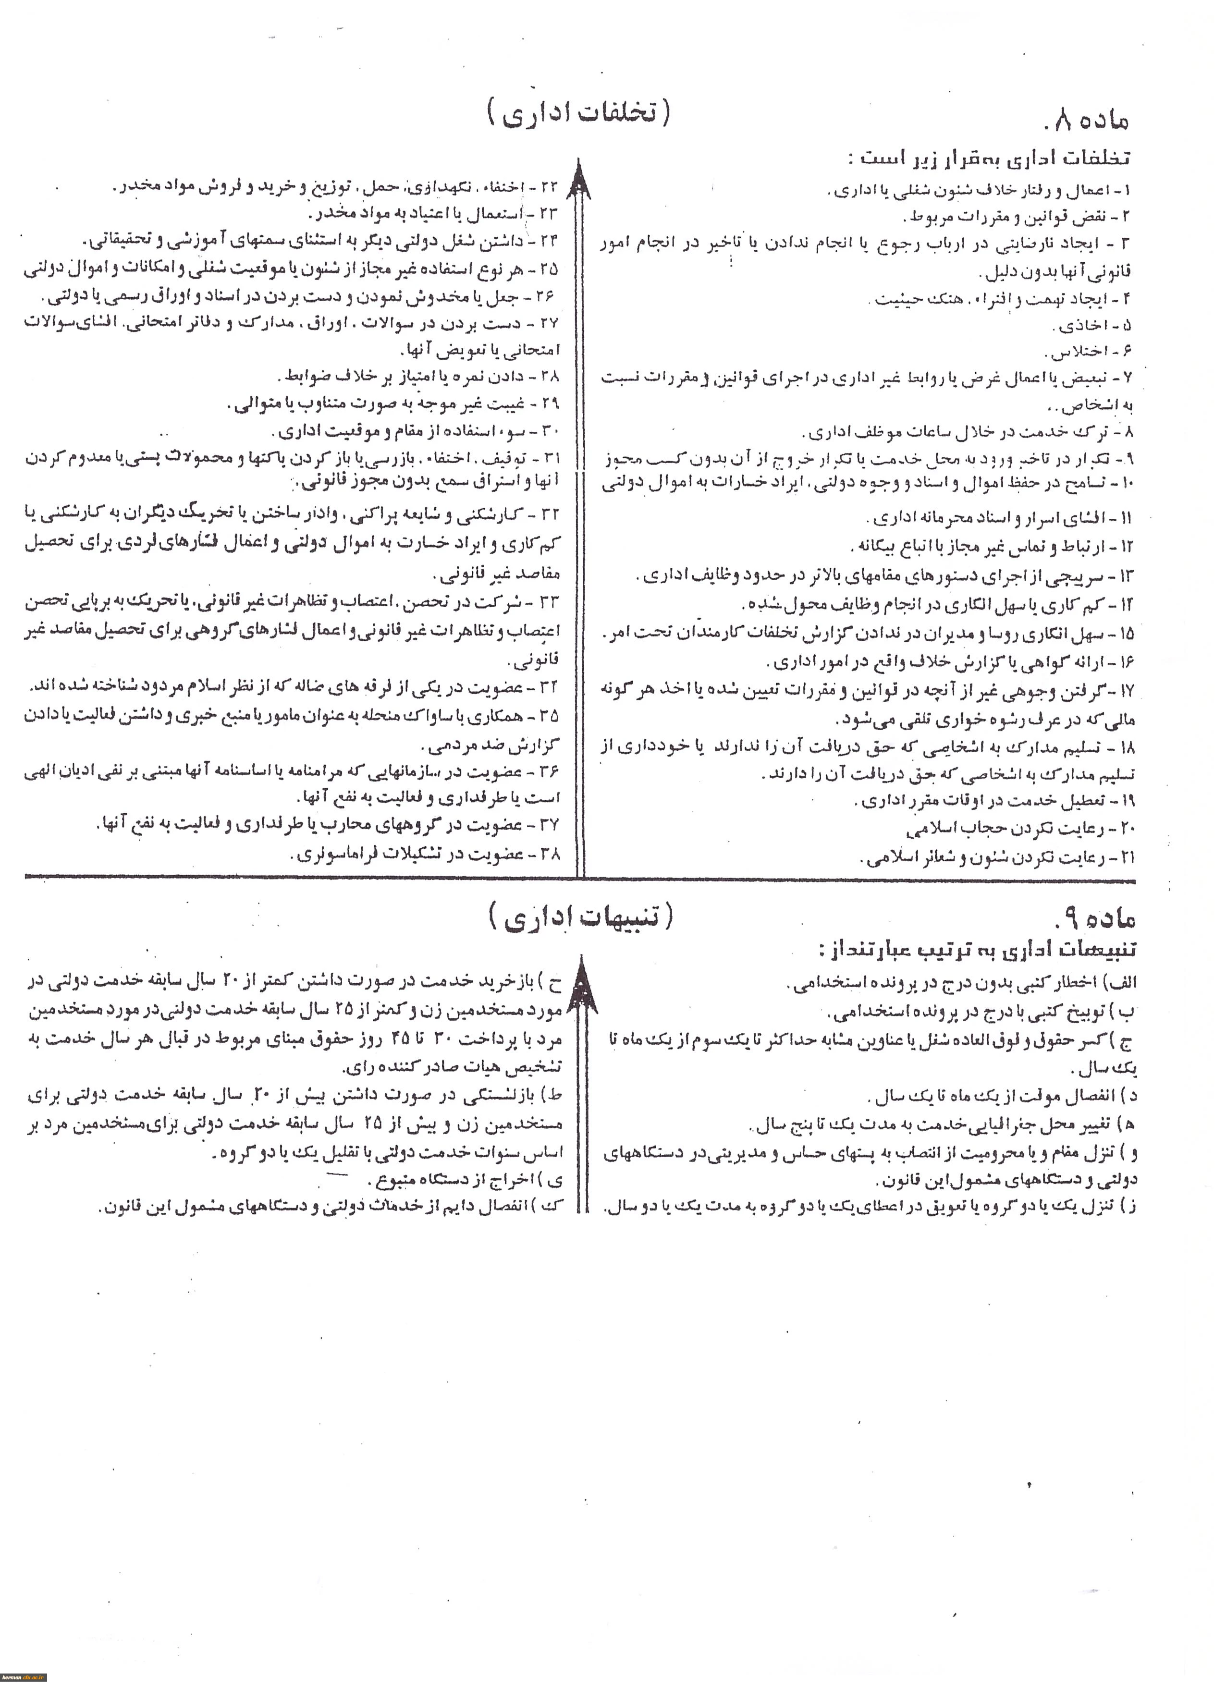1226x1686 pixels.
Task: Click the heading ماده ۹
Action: [x=1095, y=919]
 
